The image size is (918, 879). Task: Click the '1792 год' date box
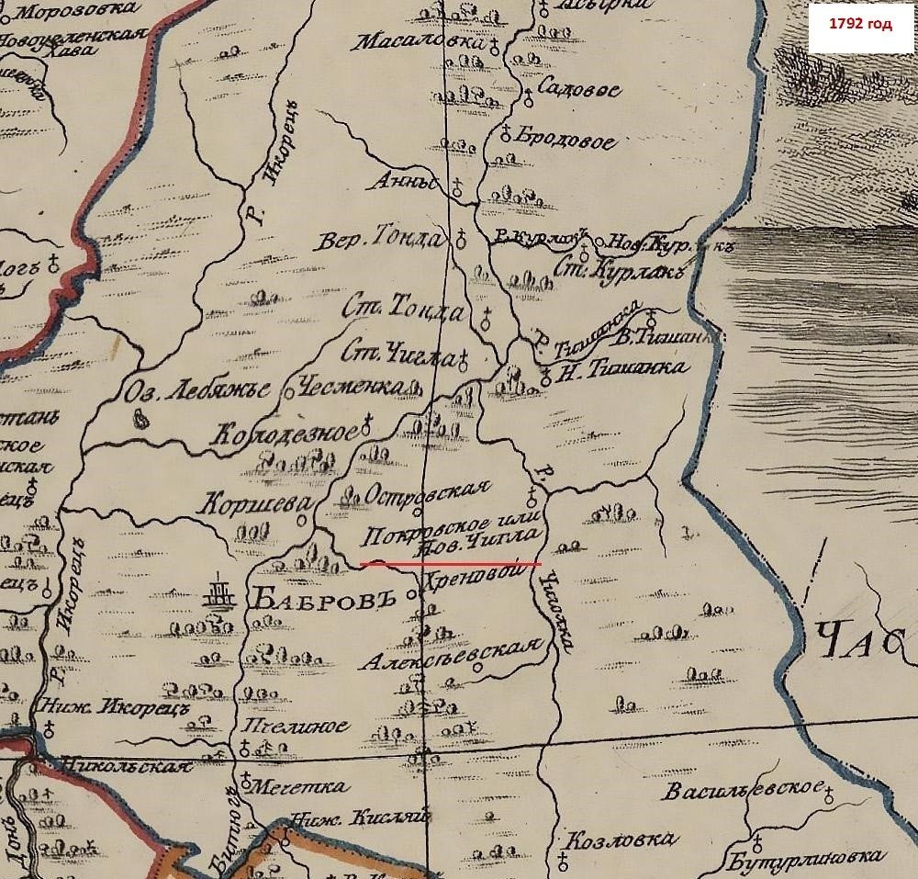pyautogui.click(x=860, y=25)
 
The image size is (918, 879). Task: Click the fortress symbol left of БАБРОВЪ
pyautogui.click(x=218, y=592)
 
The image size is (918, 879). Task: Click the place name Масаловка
pyautogui.click(x=420, y=42)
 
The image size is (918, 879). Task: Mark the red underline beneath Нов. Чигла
pyautogui.click(x=450, y=563)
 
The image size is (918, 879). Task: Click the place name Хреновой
pyautogui.click(x=476, y=579)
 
